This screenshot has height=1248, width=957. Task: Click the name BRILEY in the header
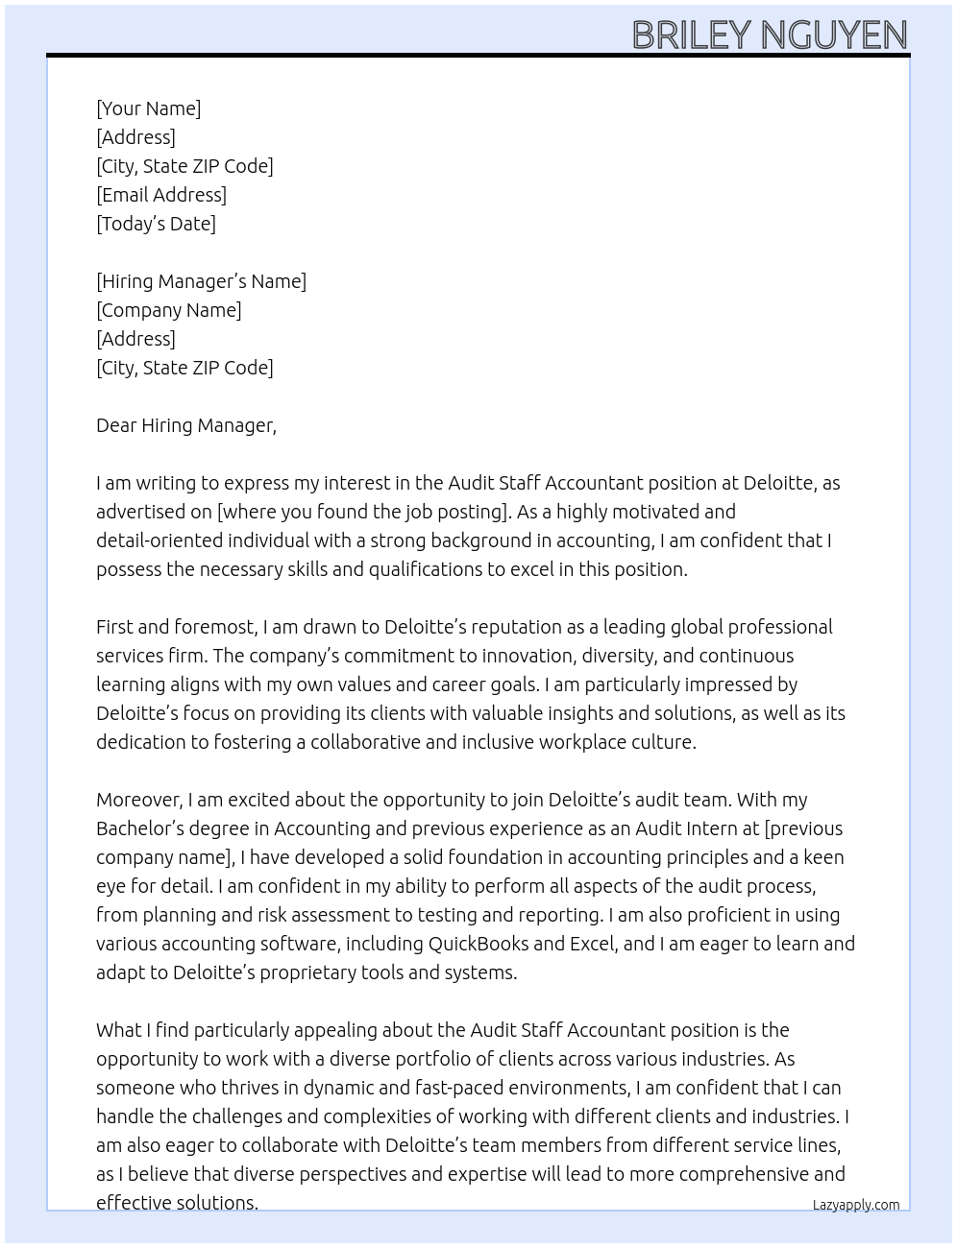click(693, 36)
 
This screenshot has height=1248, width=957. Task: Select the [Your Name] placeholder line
click(148, 108)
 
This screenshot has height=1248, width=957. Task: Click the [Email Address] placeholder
click(161, 195)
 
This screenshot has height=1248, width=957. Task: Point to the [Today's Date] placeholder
click(156, 224)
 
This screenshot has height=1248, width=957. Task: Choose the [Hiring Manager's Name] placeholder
click(201, 281)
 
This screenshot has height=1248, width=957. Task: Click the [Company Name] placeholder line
click(168, 310)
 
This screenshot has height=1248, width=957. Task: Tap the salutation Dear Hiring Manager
click(185, 425)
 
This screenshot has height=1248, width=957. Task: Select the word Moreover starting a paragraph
click(138, 800)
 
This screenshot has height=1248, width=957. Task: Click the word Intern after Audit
click(710, 828)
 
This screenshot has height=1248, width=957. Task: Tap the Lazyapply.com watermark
click(855, 1205)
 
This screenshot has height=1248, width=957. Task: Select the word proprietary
click(287, 972)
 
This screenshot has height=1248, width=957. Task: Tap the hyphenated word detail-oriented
click(159, 540)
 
